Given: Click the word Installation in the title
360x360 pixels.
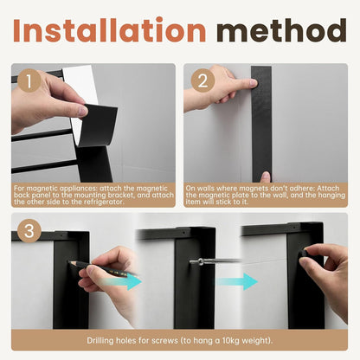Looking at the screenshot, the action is pos(109,30).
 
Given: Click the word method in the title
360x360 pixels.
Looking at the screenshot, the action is pos(281,30).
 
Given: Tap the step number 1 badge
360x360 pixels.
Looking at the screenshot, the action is pos(29,81).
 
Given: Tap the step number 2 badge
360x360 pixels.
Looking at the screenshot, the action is pos(202,80).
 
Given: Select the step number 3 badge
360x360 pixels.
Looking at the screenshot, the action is pos(29,231).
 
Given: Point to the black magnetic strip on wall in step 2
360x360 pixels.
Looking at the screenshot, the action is pos(261,124).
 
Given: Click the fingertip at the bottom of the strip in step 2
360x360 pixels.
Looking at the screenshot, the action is pos(265,177).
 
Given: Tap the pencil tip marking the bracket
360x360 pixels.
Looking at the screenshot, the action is pos(70,262).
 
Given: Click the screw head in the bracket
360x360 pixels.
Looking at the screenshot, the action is pos(193,261).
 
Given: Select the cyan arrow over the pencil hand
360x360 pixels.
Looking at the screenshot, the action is pos(122,281).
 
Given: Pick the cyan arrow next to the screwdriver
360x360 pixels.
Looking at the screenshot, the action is pos(237,281).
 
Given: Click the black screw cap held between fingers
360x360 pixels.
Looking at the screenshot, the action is pos(303,253).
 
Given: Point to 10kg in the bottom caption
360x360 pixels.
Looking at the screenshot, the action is pos(230,341).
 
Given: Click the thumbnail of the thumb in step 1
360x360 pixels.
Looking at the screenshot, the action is pos(82,111).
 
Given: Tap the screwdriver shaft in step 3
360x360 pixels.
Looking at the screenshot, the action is pos(220,260).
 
